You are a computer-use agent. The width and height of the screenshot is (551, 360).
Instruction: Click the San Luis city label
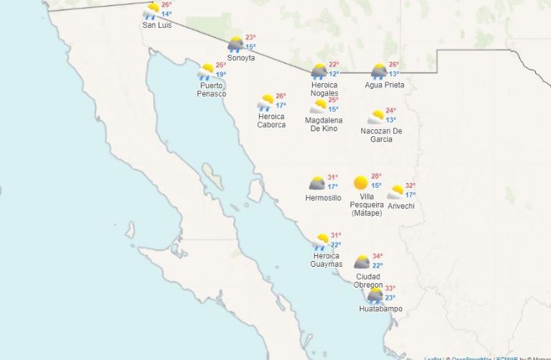[x=156, y=25]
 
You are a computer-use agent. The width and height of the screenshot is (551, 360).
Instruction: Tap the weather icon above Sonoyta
[x=235, y=44]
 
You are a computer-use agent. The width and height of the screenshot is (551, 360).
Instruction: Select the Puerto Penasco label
[x=212, y=90]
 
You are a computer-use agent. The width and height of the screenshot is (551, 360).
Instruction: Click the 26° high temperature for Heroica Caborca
[x=281, y=96]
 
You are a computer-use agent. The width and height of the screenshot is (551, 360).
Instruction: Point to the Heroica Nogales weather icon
[x=319, y=71]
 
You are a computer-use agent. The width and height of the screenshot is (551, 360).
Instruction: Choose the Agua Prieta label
[x=385, y=85]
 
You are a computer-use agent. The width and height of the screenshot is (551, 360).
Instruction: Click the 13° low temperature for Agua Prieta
[x=395, y=74]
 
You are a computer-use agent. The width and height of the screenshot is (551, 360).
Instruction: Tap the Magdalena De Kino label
[x=324, y=124]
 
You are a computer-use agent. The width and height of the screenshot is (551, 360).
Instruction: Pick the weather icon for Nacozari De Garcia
[x=376, y=117]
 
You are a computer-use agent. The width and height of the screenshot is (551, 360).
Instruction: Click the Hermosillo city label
[x=323, y=198]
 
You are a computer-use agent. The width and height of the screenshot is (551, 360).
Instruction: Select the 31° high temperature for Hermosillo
[x=333, y=178]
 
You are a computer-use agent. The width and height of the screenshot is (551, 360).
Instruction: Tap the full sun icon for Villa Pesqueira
[x=361, y=183]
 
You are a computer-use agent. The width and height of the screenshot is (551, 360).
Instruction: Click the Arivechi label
[x=401, y=207]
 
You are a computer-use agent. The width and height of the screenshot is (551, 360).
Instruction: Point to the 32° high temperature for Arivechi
[x=410, y=186]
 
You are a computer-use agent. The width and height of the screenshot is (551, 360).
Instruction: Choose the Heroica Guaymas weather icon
[x=320, y=242]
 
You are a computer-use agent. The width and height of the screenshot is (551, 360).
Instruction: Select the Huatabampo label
[x=381, y=309]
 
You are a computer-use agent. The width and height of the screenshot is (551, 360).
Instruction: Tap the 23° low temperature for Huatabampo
[x=390, y=298]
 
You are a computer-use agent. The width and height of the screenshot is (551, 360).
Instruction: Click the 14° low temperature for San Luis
[x=166, y=14]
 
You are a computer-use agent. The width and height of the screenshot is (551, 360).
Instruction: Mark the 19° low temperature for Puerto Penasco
[x=221, y=75]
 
